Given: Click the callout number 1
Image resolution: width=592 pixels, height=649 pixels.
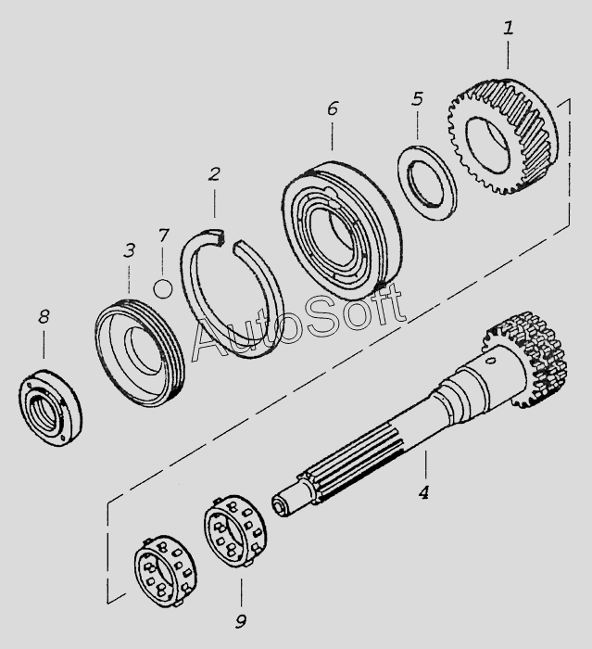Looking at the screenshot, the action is tap(509, 29).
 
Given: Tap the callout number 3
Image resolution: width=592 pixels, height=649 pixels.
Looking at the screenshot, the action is tap(129, 250).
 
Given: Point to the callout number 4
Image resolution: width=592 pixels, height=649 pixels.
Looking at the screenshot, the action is tap(423, 492).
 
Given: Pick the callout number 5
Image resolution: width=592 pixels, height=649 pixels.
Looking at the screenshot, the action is tap(417, 98).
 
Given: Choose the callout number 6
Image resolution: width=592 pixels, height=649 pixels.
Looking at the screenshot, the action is tap(332, 109).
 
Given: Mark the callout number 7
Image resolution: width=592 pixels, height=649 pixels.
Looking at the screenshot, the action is tap(163, 235).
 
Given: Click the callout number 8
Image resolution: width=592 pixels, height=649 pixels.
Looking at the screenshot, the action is tap(44, 317).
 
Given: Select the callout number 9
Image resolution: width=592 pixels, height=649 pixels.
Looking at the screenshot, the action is tap(240, 619).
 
